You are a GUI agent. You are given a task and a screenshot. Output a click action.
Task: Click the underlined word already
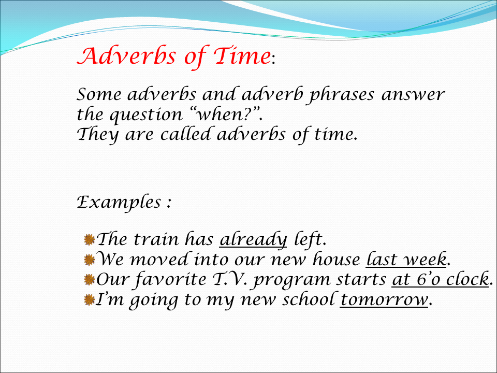tap(253, 240)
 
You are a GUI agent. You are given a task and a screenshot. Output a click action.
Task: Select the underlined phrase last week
tap(406, 260)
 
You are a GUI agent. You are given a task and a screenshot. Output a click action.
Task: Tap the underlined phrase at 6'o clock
tap(440, 280)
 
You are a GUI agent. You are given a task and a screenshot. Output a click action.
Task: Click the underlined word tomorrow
tap(384, 300)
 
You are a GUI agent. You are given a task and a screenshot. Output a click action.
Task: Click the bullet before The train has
tap(89, 239)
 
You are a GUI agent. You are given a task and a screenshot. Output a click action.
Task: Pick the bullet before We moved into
tap(89, 260)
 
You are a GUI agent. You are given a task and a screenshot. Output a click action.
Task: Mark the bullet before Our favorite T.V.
tap(89, 280)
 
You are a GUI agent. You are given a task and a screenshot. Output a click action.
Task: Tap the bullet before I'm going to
tap(89, 300)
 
